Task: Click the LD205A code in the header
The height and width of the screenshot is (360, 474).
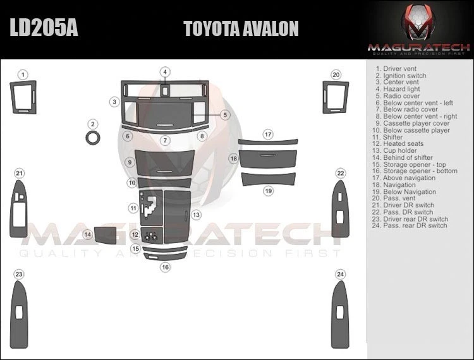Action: (43, 29)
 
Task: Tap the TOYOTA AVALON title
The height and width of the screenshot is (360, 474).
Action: (241, 29)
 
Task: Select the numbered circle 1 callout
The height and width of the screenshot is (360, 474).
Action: (23, 75)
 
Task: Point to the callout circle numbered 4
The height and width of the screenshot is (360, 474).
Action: (164, 72)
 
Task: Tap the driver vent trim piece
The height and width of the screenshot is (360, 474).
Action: (24, 98)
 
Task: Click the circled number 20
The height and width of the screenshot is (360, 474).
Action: (336, 75)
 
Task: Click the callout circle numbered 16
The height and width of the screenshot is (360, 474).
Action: (165, 267)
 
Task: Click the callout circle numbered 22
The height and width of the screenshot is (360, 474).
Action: (341, 174)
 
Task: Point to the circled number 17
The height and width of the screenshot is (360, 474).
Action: (268, 135)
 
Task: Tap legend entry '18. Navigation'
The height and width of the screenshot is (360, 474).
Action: (396, 185)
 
